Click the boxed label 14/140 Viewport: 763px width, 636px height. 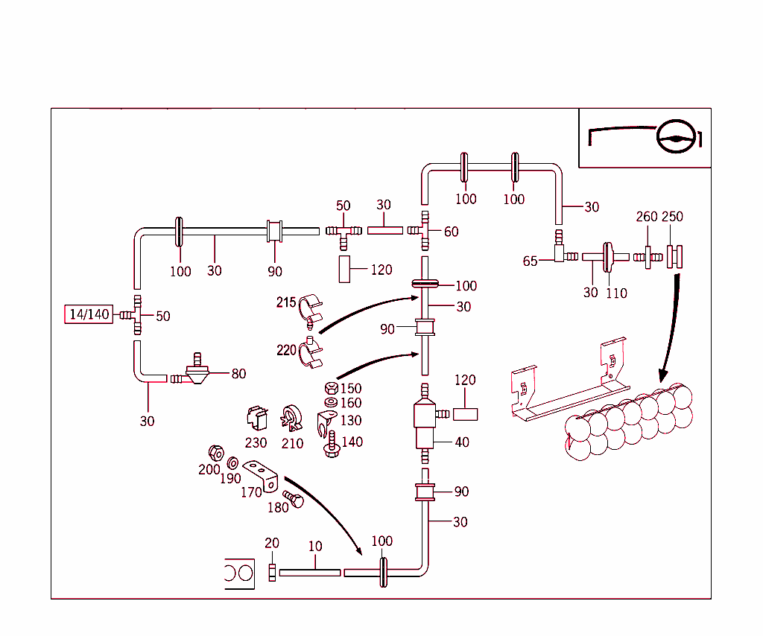point(89,315)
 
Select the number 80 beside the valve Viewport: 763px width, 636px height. point(238,374)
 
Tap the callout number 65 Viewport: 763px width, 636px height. point(531,261)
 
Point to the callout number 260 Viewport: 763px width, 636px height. point(647,217)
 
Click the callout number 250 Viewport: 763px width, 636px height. point(672,217)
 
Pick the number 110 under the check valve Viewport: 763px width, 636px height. point(616,293)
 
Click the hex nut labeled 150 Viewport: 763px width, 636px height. point(331,388)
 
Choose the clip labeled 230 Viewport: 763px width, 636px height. point(256,419)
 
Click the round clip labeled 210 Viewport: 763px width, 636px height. point(291,419)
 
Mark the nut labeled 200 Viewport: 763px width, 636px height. point(215,452)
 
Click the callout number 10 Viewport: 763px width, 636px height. point(315,547)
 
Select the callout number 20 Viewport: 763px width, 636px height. point(272,544)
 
